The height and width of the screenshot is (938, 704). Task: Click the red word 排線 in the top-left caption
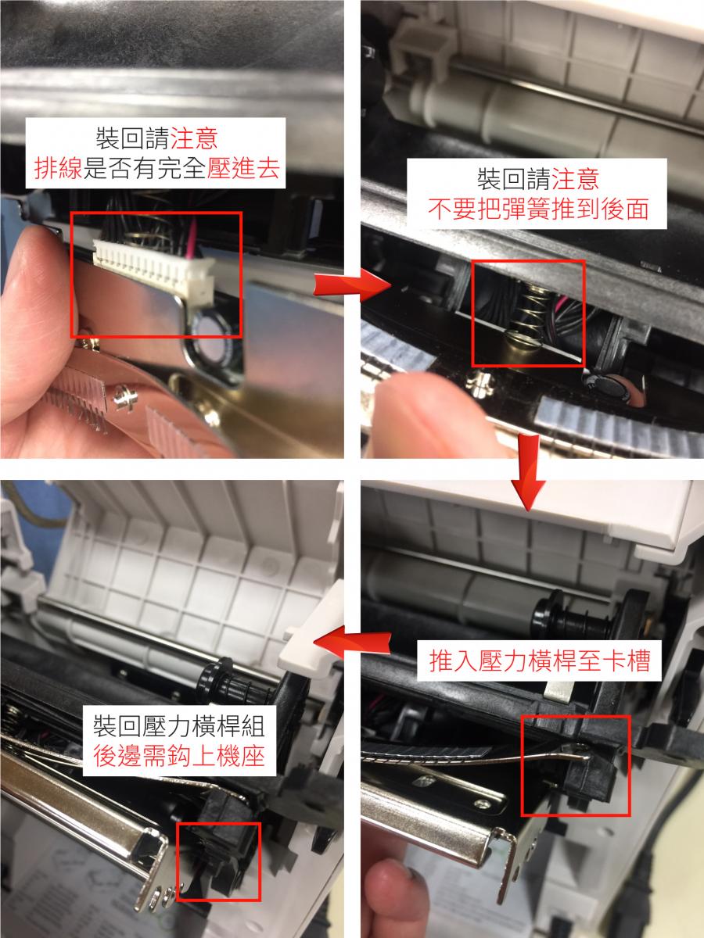point(58,168)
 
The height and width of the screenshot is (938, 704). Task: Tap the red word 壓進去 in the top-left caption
point(243,168)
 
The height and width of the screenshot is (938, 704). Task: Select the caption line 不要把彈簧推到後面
point(539,209)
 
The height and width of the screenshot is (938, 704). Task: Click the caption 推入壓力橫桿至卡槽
point(540,661)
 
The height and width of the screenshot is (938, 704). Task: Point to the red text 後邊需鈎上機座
point(180,756)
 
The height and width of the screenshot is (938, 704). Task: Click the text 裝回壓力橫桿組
point(180,725)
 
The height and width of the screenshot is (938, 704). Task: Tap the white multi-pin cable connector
point(154,268)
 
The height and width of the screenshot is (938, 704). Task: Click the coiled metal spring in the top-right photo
point(530,310)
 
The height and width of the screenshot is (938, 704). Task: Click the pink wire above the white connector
point(192,239)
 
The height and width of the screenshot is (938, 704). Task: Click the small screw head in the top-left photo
point(126,396)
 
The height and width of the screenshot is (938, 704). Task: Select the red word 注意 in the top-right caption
point(576,179)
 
